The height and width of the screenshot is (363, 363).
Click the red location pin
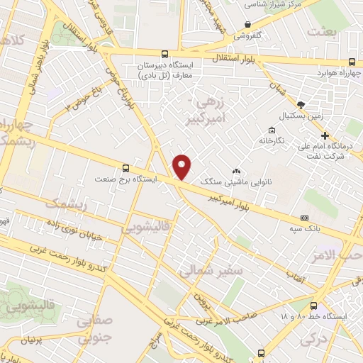tap(183, 167)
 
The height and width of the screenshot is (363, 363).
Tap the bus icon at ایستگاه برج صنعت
tap(126, 168)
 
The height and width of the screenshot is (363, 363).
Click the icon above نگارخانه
tap(272, 130)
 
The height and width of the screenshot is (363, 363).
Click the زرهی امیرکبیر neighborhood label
tap(217, 111)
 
